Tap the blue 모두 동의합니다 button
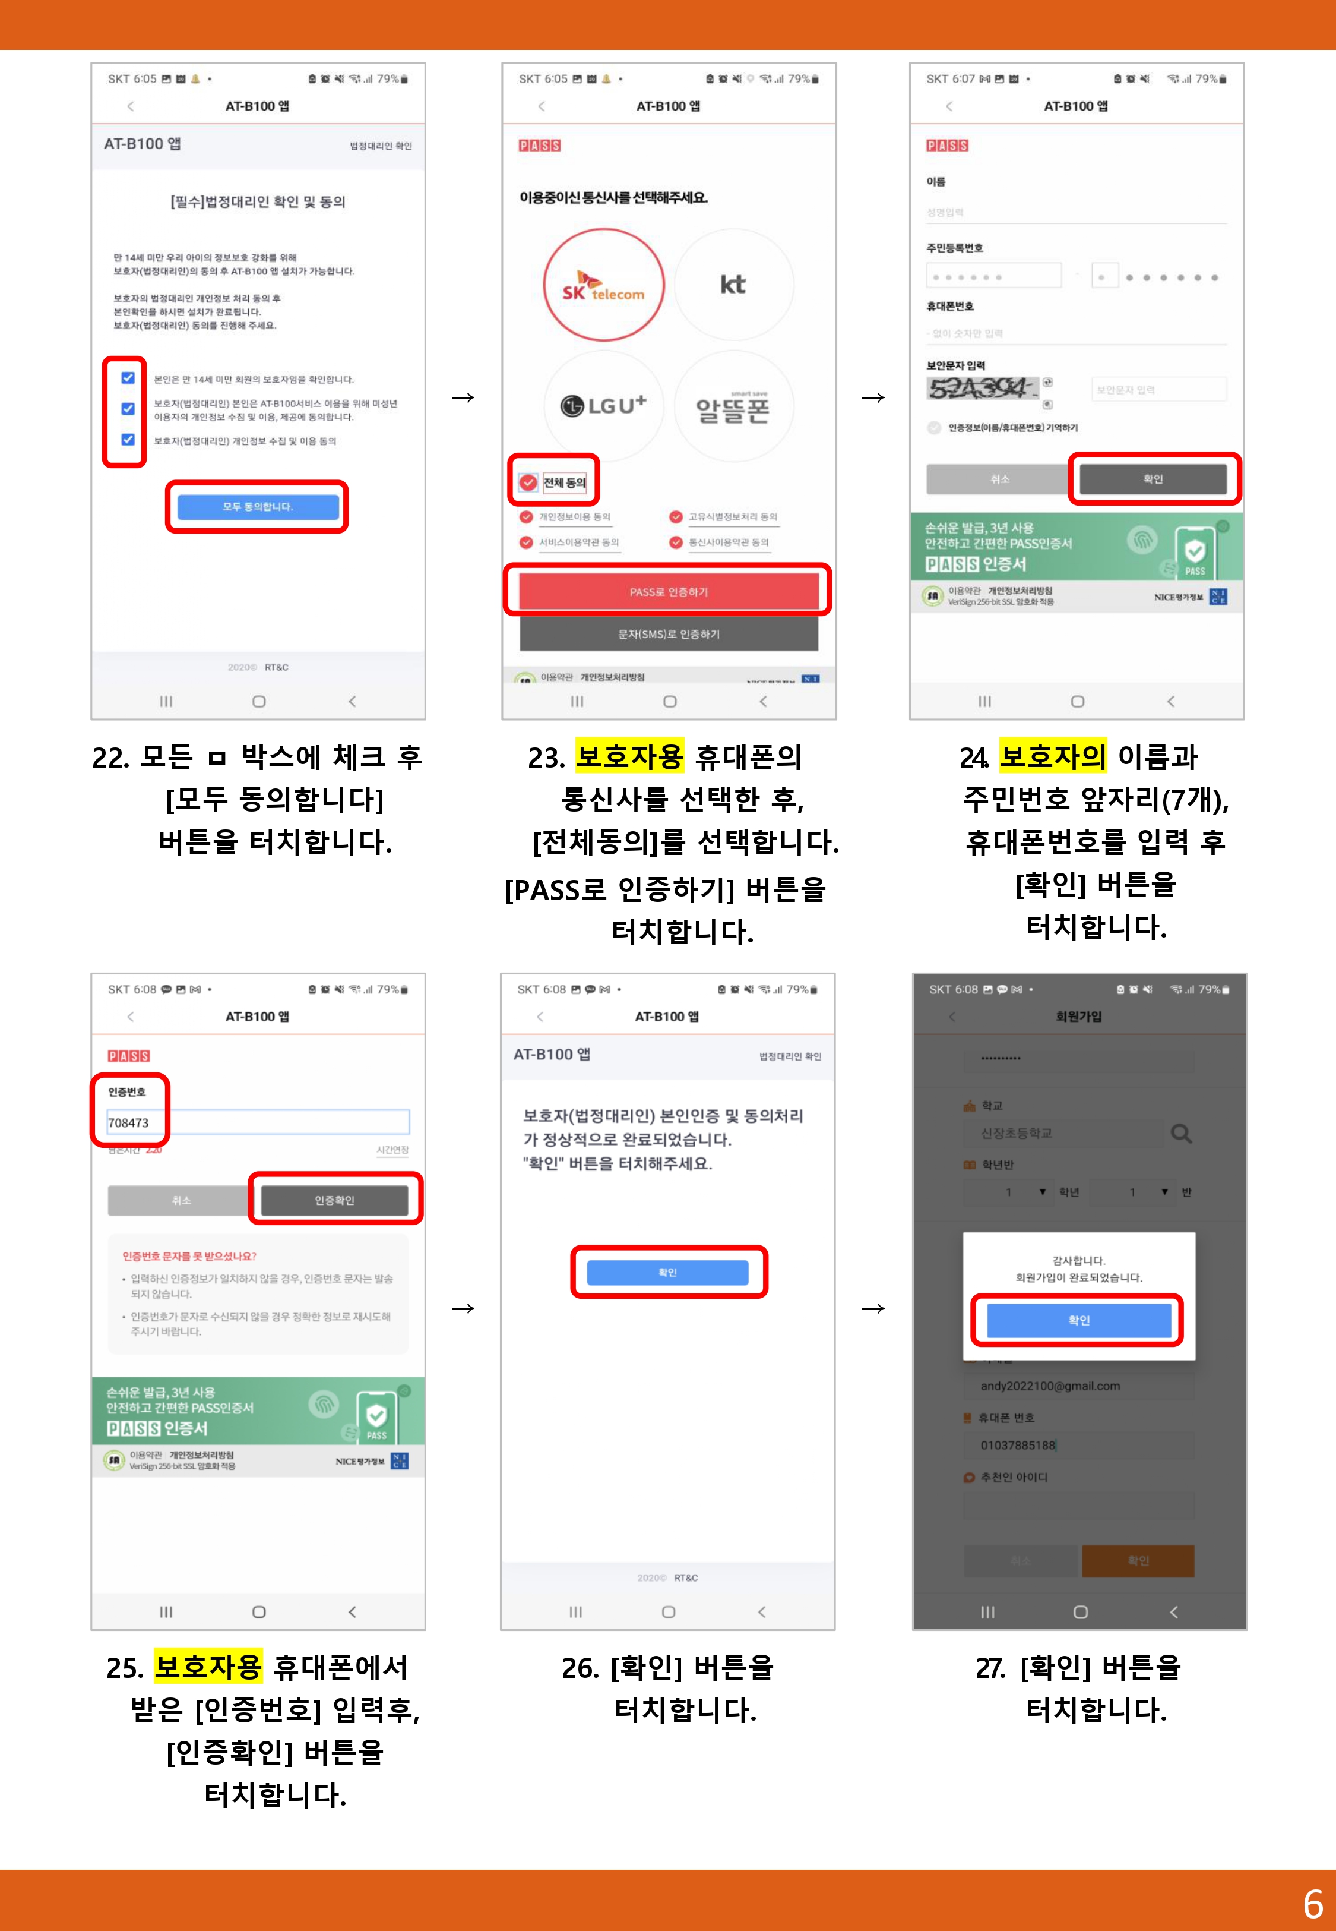258,507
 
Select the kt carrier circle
733,285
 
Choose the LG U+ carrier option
603,406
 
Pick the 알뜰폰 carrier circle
733,408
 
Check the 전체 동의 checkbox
529,482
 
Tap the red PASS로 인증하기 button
668,591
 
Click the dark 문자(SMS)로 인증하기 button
668,634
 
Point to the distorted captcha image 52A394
980,389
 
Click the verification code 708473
129,1122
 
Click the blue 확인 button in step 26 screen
667,1272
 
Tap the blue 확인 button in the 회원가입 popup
1078,1320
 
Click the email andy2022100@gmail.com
1050,1386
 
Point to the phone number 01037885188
1018,1444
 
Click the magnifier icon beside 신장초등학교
1180,1133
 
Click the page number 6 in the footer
1312,1903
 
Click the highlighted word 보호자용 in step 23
629,756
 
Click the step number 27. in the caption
990,1667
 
